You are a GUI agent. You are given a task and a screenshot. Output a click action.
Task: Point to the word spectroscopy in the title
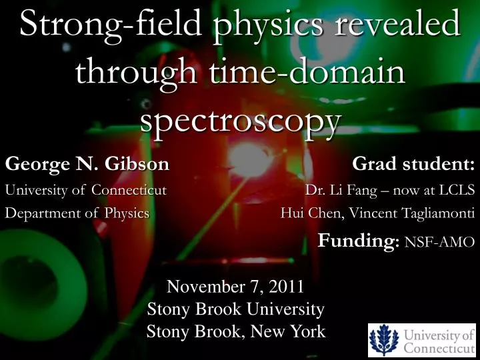click(241, 121)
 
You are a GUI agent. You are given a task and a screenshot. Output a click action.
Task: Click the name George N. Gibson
click(87, 163)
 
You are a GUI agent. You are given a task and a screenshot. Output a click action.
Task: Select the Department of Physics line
click(77, 213)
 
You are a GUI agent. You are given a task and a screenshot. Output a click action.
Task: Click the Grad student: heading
click(413, 163)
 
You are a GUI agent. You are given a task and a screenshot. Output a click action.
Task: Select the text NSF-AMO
click(439, 242)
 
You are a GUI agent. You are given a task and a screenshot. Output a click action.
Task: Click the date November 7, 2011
click(235, 287)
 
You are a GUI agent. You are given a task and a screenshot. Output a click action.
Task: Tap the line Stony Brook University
click(235, 309)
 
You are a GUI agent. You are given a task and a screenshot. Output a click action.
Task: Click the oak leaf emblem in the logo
click(385, 340)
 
